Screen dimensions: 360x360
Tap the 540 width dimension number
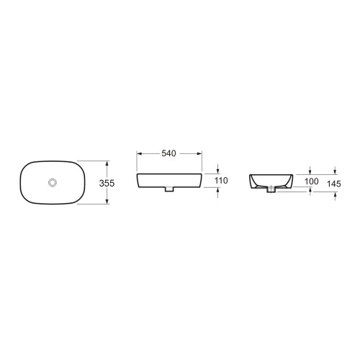(x=169, y=153)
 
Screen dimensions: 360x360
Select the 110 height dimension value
(x=220, y=180)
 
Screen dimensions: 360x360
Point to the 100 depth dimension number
(x=311, y=181)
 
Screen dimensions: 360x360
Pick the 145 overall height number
(x=333, y=185)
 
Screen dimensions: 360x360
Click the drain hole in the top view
(x=53, y=183)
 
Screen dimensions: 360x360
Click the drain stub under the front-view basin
(x=168, y=189)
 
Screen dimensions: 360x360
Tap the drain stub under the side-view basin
(x=271, y=191)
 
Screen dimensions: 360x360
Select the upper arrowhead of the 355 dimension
(x=107, y=163)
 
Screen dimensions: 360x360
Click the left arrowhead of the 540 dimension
(x=139, y=153)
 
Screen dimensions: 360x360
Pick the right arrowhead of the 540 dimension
(x=199, y=153)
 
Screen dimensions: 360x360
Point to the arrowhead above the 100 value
(x=310, y=171)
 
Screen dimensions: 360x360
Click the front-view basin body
(x=168, y=179)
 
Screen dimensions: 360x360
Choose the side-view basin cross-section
(x=271, y=180)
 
